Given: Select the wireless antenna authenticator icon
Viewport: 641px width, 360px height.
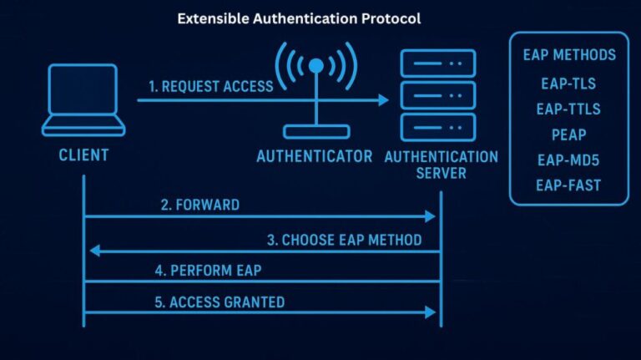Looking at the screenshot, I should pos(315,92).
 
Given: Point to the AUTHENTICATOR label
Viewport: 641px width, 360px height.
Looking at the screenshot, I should pos(314,156).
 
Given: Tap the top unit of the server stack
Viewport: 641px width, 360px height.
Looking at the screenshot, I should pos(438,63).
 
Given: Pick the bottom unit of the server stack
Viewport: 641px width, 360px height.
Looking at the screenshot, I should pos(438,126).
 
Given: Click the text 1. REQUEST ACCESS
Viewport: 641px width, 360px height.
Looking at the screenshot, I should pos(210,85).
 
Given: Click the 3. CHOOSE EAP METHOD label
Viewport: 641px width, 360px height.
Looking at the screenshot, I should pos(344,239).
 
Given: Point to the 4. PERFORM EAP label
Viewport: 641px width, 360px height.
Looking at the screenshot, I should pos(215,270).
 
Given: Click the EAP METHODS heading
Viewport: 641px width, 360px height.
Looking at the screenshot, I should pos(569,56).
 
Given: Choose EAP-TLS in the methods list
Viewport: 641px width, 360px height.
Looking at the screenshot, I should pos(569,84).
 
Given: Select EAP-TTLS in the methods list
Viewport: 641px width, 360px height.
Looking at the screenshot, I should pos(569,109).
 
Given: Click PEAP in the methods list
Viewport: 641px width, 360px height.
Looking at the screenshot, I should pos(569,134).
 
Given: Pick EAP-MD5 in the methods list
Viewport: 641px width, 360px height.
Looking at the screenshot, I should pos(569,160).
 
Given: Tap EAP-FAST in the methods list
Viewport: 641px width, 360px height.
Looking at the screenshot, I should pos(569,185).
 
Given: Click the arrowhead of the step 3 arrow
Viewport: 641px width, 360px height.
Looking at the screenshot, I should pos(94,251).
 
